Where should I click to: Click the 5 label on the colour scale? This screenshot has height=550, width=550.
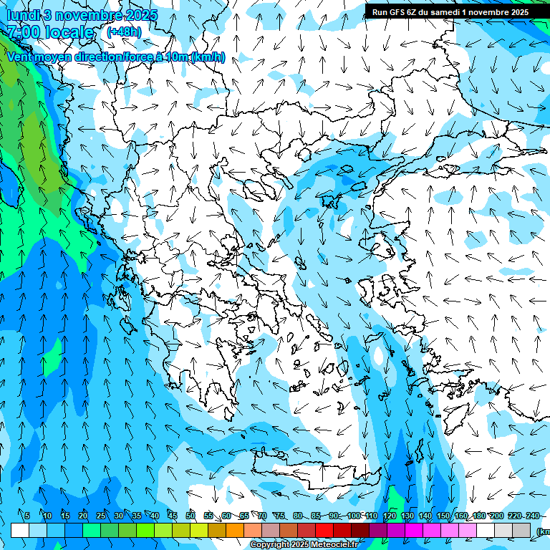[27, 516]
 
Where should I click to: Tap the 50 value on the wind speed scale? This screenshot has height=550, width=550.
[190, 516]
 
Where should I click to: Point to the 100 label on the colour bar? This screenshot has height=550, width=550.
[353, 516]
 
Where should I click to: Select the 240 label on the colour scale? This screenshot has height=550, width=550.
[533, 516]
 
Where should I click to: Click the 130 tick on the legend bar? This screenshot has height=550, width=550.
[407, 516]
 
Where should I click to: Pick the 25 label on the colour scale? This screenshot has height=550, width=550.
[101, 516]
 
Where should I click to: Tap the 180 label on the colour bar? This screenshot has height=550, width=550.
[479, 516]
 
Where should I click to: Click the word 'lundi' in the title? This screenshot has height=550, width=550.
[24, 15]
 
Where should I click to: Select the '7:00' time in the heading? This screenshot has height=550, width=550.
[24, 32]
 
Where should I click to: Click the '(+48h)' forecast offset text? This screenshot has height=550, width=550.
[124, 32]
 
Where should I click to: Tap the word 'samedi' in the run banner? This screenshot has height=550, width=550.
[443, 12]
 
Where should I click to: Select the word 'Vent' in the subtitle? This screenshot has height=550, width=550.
[21, 57]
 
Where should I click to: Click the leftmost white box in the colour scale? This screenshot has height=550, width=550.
[20, 530]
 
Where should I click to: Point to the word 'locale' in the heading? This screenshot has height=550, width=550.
[69, 32]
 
